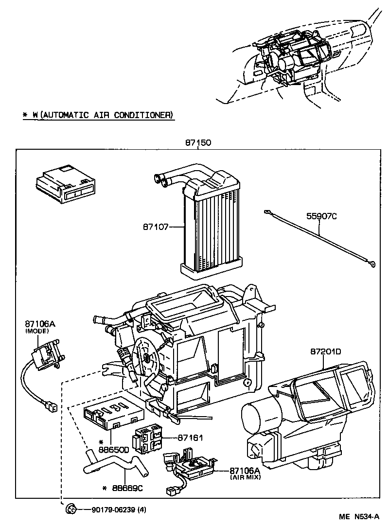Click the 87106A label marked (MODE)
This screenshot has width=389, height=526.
click(36, 324)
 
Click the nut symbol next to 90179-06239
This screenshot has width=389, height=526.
click(71, 509)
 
